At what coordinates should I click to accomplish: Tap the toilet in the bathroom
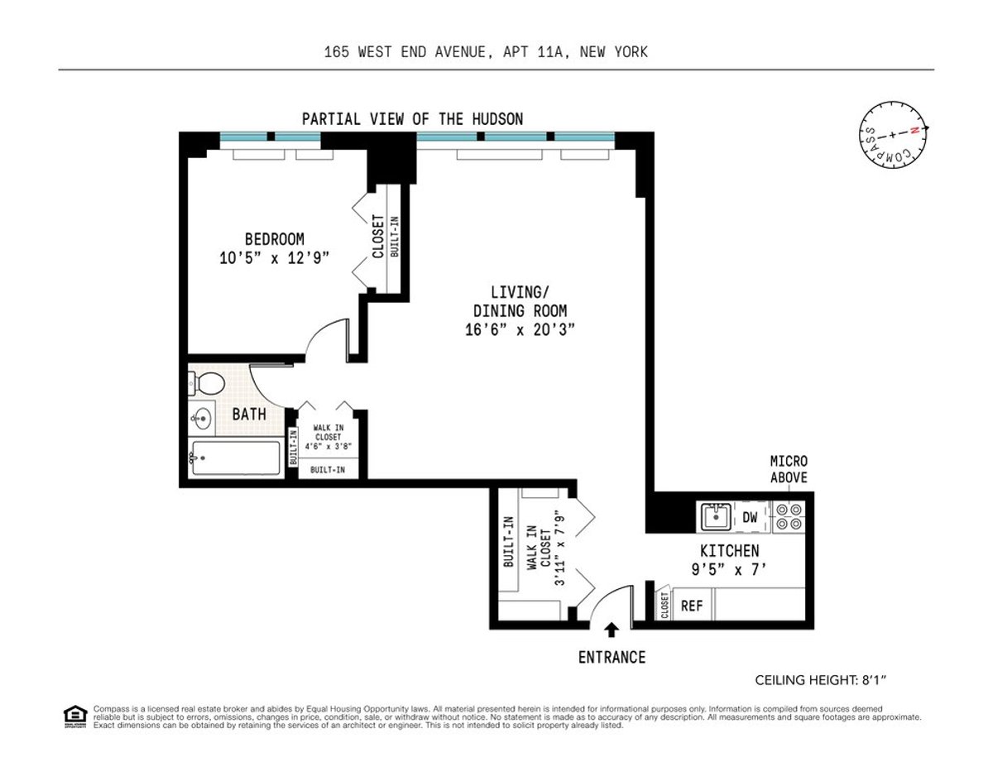208,384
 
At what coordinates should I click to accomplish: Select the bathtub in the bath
235,458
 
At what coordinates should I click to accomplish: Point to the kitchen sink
715,518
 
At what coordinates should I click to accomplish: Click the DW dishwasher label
751,518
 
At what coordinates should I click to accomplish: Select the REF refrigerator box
692,606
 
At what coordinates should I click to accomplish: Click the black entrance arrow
611,631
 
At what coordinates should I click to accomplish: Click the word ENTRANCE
612,658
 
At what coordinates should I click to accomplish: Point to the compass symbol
892,135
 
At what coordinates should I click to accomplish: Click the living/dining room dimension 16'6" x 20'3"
520,329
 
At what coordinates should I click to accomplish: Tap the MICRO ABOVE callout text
789,469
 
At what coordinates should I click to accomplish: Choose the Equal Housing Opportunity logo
75,716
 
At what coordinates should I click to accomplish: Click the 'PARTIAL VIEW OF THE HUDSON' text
412,119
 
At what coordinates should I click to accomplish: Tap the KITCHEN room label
729,551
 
